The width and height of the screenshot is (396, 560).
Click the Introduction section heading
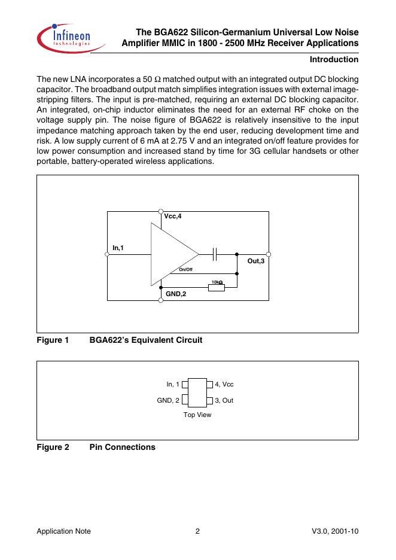(334, 60)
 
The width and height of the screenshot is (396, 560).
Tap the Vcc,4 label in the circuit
(172, 217)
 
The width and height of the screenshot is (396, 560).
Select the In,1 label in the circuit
(118, 247)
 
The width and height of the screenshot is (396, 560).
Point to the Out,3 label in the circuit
(255, 261)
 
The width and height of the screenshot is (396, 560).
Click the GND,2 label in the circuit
(176, 294)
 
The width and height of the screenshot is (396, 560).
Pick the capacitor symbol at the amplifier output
(215, 254)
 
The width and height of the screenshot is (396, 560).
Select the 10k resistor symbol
(217, 288)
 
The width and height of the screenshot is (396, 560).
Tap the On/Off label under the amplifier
(185, 270)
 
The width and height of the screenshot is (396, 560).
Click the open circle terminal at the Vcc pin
(160, 211)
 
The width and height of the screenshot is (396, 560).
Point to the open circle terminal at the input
(107, 254)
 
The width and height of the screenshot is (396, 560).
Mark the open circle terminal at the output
(269, 254)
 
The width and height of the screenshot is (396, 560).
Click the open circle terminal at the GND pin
(160, 300)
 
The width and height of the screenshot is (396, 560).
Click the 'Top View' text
(197, 415)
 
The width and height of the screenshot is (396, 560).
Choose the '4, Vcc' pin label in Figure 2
(224, 384)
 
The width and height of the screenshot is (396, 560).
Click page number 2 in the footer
(197, 531)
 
